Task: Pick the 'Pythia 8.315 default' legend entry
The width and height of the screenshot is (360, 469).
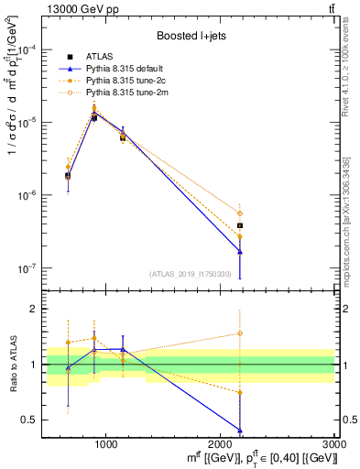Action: (x=128, y=69)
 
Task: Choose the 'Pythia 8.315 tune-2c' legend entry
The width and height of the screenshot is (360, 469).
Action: (x=128, y=81)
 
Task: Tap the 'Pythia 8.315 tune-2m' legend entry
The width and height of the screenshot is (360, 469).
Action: (x=128, y=93)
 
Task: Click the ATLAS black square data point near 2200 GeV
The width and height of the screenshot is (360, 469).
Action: (x=240, y=225)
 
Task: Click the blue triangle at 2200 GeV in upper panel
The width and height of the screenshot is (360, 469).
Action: (x=240, y=252)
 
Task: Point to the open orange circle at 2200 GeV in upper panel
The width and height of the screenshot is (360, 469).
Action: (x=240, y=213)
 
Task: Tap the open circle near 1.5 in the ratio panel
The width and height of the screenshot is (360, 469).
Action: (x=240, y=333)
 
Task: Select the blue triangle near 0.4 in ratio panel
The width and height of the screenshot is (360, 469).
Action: (x=240, y=431)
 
